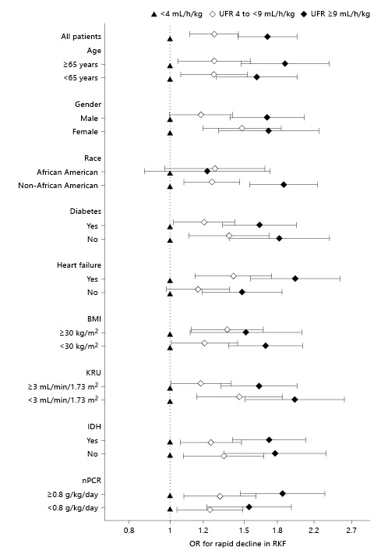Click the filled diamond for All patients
point(267,37)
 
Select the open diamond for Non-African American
point(212,182)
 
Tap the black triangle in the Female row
point(170,133)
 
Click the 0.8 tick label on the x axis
point(129,531)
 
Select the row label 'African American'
point(67,172)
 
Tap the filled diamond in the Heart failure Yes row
point(295,279)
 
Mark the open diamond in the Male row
point(201,115)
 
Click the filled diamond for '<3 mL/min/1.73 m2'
point(295,400)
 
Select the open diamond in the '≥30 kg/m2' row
point(228,329)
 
